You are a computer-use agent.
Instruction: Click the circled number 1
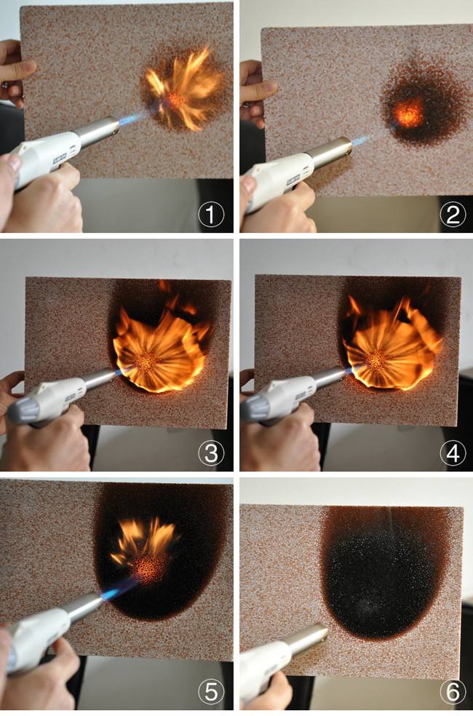(211, 214)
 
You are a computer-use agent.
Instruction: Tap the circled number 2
(453, 214)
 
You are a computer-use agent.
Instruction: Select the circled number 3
(211, 453)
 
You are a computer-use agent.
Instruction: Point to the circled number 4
(453, 453)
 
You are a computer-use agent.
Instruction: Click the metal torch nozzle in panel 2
(332, 151)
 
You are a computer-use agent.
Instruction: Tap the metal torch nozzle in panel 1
(97, 130)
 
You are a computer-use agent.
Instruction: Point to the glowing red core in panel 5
(149, 568)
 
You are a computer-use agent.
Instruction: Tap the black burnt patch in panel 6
(381, 576)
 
